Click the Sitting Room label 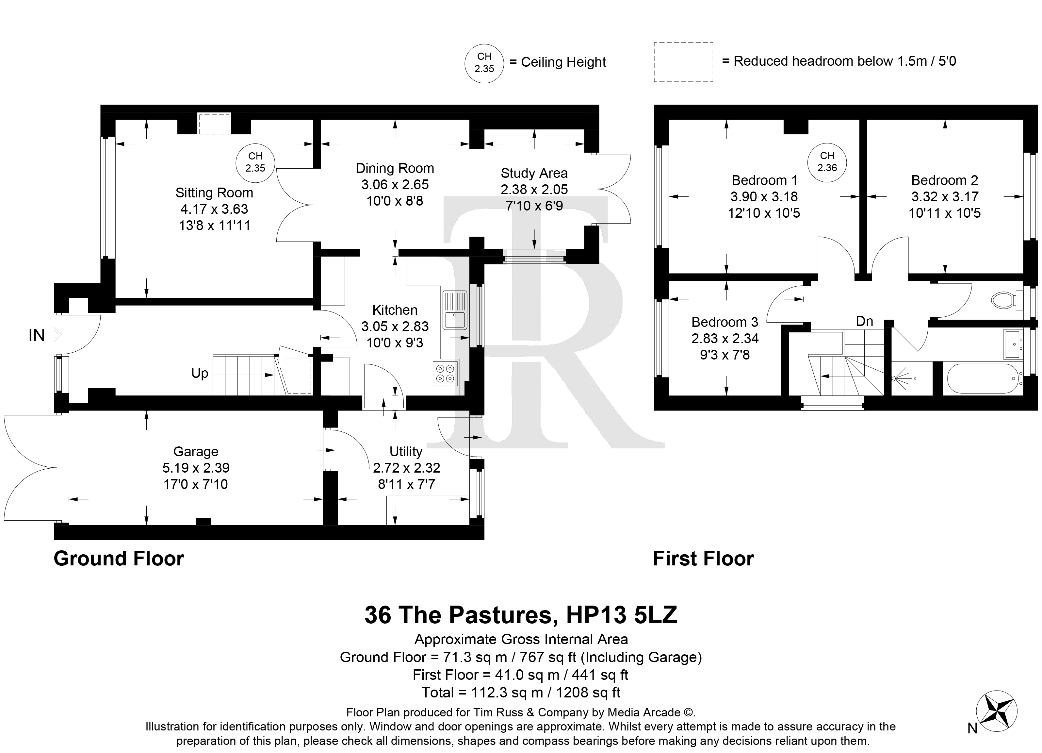pos(214,192)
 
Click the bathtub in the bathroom pos(984,378)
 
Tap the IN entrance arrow pos(54,335)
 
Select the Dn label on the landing pos(864,321)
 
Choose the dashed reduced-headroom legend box pos(683,62)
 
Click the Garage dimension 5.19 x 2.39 pos(196,468)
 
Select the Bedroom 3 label pos(725,322)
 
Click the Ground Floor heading pos(119,559)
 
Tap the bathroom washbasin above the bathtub pos(1012,343)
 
